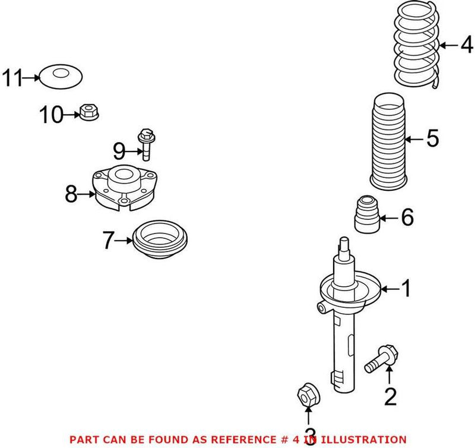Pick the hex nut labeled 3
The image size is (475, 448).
pos(308,393)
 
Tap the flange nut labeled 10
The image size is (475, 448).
pos(89,110)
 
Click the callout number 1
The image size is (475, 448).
pos(407,289)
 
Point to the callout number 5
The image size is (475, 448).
pos(432,139)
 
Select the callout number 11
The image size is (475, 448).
pos(12,78)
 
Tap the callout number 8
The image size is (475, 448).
pos(71,194)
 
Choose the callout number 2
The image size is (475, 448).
pos(390,396)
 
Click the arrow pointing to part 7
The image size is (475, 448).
pos(123,240)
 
